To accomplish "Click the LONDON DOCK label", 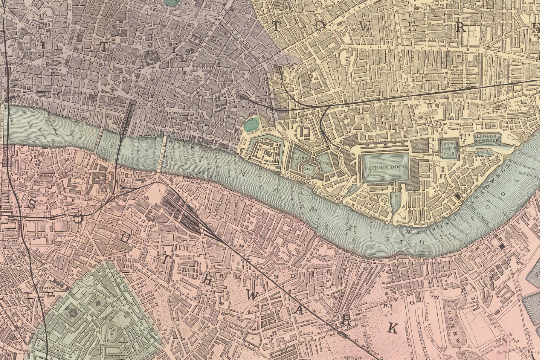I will tap(385, 167).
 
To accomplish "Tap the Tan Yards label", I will tap(182, 283).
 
